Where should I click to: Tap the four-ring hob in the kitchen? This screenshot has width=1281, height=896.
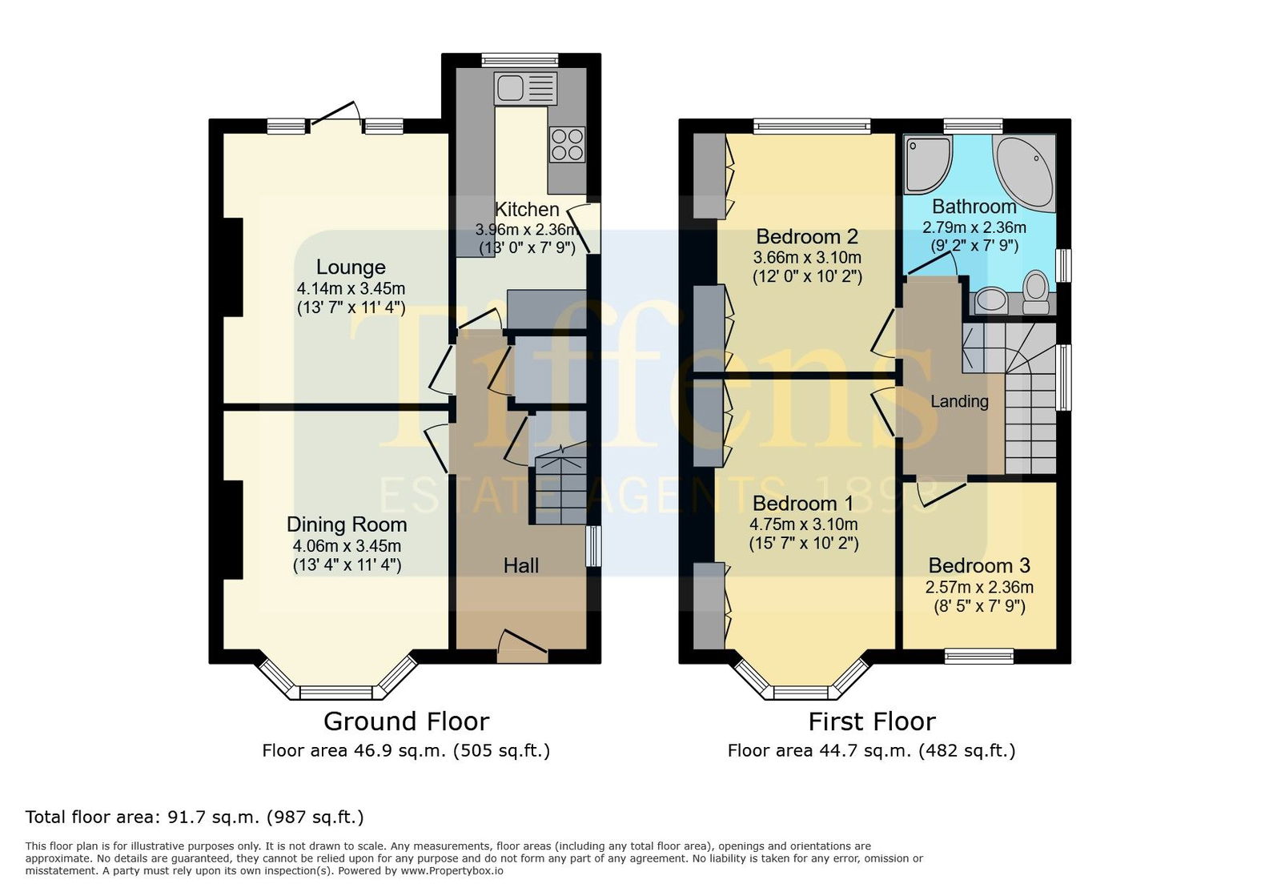(x=568, y=145)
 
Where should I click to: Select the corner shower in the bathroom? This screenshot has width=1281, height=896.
(x=928, y=165)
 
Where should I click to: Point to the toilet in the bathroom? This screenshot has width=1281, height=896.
(x=1036, y=292)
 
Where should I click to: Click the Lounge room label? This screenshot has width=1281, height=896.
(x=351, y=267)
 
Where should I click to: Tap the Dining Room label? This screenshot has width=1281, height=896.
(x=347, y=524)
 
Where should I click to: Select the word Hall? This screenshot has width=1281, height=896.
(x=521, y=565)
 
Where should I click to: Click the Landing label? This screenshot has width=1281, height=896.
(x=960, y=401)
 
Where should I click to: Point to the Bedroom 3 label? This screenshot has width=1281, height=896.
(x=979, y=565)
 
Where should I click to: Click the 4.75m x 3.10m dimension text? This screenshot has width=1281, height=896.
(x=804, y=524)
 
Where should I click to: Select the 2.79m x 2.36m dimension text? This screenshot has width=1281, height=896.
(x=974, y=227)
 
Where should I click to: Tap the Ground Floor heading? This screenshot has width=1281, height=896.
(x=407, y=721)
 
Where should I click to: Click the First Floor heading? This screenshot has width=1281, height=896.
(x=872, y=721)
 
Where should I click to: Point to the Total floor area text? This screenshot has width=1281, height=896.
(x=195, y=817)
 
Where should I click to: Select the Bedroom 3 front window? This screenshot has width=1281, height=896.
(x=979, y=656)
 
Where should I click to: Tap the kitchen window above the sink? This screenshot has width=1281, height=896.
(x=520, y=60)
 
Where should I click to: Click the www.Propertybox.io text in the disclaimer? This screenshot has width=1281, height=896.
(x=452, y=871)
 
